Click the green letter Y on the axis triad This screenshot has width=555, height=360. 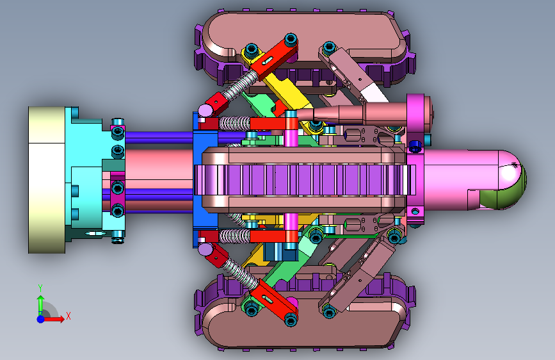pos(40,288)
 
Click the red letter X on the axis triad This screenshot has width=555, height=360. pos(68,316)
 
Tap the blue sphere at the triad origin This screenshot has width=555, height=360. pos(41,319)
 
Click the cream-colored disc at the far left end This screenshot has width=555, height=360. pos(46,180)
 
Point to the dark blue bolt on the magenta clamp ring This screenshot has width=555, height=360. pos(415,145)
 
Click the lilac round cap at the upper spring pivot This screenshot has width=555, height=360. pos(205,111)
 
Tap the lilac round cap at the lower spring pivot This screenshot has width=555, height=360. pos(205,249)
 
